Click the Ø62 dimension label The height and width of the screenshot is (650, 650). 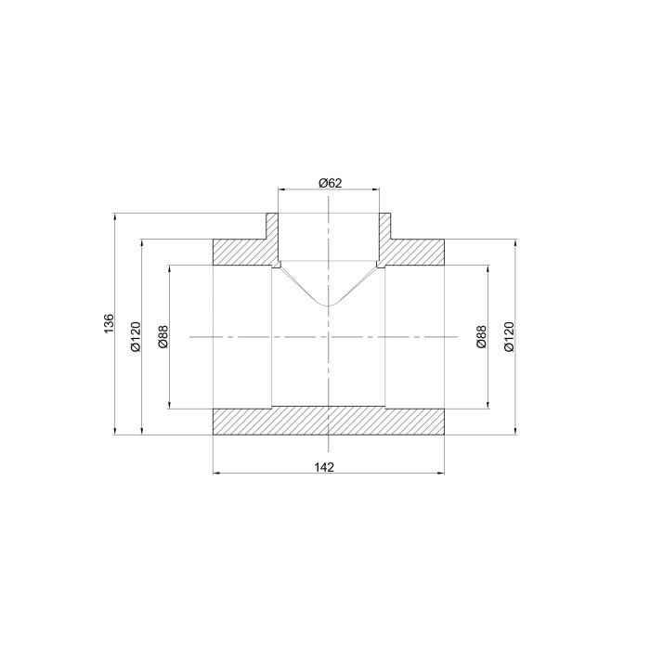[331, 183]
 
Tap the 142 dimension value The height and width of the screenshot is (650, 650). [324, 467]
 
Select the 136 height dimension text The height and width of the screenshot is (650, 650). [109, 324]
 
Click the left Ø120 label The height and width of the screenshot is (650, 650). [136, 336]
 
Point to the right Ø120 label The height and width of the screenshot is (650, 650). [509, 336]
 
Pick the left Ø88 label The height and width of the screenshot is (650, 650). [163, 336]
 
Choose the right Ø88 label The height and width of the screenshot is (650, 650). [481, 336]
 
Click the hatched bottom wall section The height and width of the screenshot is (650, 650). [329, 422]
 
